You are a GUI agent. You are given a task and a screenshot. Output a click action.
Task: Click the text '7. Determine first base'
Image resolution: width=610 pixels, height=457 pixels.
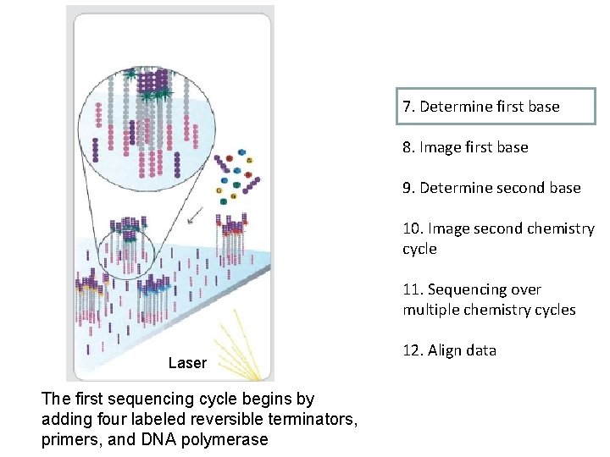click(481, 107)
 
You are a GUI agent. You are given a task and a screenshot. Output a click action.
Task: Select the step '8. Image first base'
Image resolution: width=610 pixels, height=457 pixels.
click(465, 147)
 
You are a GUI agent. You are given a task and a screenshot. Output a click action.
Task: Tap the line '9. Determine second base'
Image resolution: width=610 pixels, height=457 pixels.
click(491, 188)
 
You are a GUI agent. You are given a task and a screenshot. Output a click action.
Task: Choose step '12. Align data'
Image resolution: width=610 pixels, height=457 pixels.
click(449, 350)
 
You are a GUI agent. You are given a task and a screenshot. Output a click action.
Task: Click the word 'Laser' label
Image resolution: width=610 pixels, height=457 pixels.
click(187, 363)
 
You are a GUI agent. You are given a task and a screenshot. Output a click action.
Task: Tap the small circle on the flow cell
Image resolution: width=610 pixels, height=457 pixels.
click(127, 246)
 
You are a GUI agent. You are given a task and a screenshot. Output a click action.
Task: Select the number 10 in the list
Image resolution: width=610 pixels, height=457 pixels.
click(413, 228)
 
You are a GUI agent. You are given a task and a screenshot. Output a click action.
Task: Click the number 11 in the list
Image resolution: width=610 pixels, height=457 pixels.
click(412, 289)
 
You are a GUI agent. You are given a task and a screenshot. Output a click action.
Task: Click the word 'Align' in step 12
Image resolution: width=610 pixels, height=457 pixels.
click(443, 350)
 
